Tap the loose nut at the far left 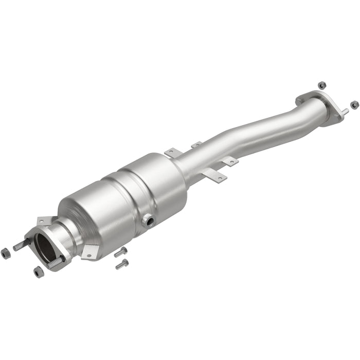6,253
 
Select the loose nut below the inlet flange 39,272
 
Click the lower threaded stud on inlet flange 56,262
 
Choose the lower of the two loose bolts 122,264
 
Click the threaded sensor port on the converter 150,222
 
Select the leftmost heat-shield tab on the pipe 173,153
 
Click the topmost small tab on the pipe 196,145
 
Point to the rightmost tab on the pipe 230,161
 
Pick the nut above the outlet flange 322,85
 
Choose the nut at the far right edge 354,104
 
